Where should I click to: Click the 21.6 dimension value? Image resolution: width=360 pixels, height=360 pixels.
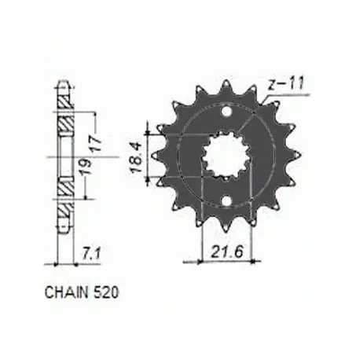(x=227, y=252)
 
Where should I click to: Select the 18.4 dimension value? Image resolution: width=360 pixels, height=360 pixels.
(x=136, y=157)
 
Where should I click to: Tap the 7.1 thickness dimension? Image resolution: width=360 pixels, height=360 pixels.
(x=91, y=254)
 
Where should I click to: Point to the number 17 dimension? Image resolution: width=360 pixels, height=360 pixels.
(x=96, y=143)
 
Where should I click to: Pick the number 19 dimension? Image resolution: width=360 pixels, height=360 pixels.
(x=86, y=167)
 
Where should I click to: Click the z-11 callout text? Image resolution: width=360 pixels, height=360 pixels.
(x=286, y=84)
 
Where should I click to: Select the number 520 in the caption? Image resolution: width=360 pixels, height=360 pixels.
(x=105, y=292)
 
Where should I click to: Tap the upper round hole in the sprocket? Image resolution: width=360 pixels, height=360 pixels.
(x=226, y=112)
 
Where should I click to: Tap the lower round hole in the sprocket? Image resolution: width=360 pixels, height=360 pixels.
(x=226, y=200)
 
